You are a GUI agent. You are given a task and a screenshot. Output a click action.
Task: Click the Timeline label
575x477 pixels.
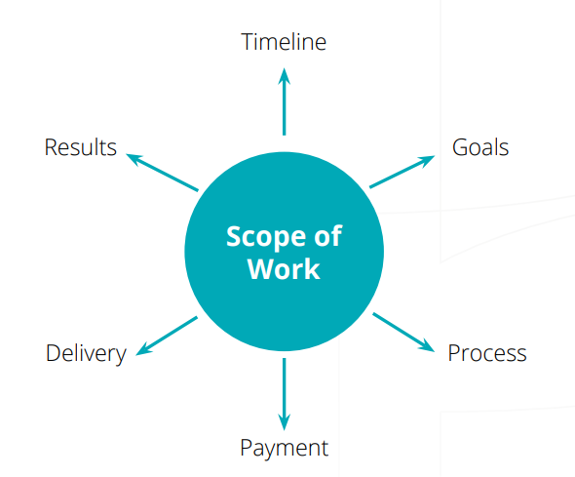284,42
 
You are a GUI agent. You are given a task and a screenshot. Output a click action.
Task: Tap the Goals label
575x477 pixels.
480,147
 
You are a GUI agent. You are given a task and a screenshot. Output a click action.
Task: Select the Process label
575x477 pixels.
487,353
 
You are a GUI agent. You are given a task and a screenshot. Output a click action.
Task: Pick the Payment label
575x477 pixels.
284,449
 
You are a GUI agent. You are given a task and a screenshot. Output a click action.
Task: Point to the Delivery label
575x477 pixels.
86,354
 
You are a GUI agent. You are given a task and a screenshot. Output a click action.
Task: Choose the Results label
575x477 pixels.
80,147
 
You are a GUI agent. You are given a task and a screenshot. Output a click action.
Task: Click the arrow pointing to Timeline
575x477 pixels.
284,101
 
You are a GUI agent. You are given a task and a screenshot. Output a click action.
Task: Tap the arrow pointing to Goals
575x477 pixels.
402,172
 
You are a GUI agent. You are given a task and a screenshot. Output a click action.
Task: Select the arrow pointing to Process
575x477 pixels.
403,332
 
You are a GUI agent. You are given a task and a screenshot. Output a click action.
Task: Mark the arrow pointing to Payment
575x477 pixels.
284,394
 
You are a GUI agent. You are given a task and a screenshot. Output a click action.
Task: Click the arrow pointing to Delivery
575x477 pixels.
167,336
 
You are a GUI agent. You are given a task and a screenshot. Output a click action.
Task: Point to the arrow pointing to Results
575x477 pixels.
162,173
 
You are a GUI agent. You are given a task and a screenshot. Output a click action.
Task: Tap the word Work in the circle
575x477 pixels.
284,269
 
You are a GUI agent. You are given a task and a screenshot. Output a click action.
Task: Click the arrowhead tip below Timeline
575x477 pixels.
284,68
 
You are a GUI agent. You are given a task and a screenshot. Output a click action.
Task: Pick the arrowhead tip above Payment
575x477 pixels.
284,430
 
